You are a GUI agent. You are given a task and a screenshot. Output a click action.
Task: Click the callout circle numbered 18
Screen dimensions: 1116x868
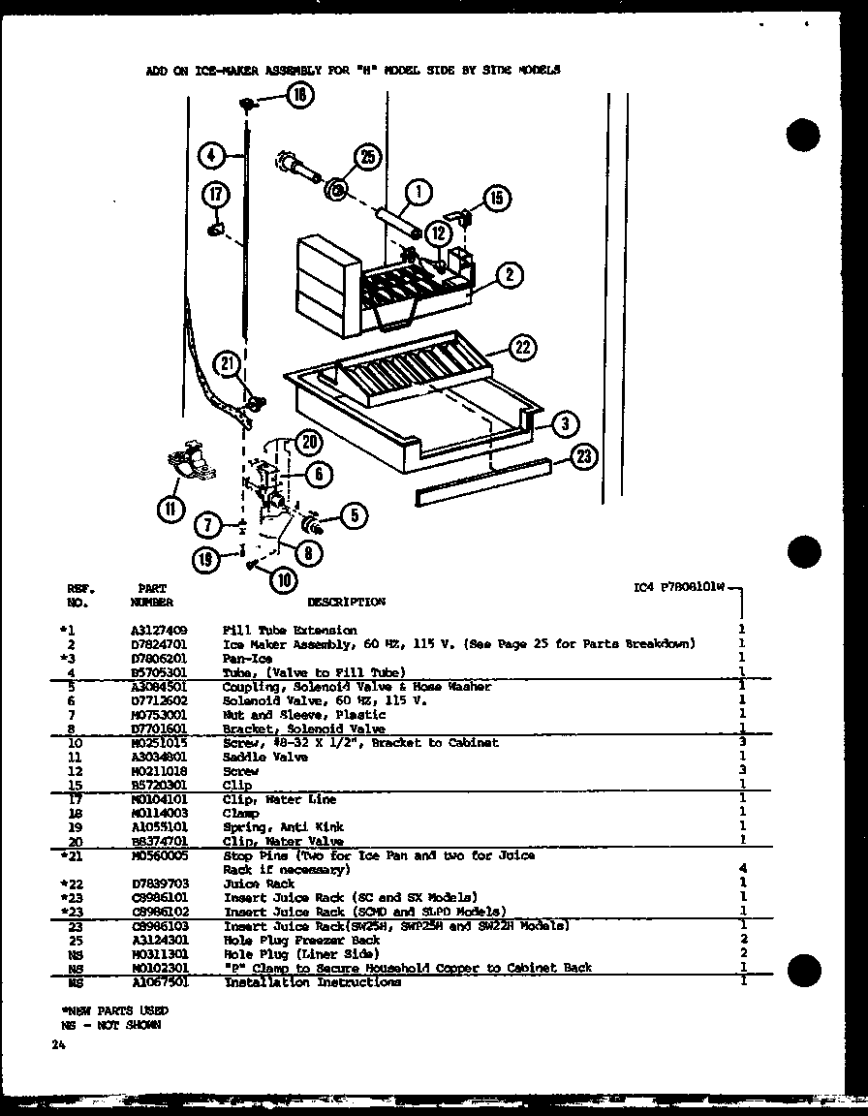(x=300, y=94)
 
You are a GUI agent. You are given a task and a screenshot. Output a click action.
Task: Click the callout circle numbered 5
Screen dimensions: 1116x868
(x=353, y=516)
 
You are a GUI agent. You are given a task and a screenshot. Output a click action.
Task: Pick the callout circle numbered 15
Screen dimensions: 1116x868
(x=495, y=199)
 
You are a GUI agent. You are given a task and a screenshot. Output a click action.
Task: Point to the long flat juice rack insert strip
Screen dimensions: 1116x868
(x=482, y=482)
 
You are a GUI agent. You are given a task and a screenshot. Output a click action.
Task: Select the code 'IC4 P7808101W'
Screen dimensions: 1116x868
(x=677, y=587)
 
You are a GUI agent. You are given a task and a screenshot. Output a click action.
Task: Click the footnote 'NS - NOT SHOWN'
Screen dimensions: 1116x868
(x=108, y=1024)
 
